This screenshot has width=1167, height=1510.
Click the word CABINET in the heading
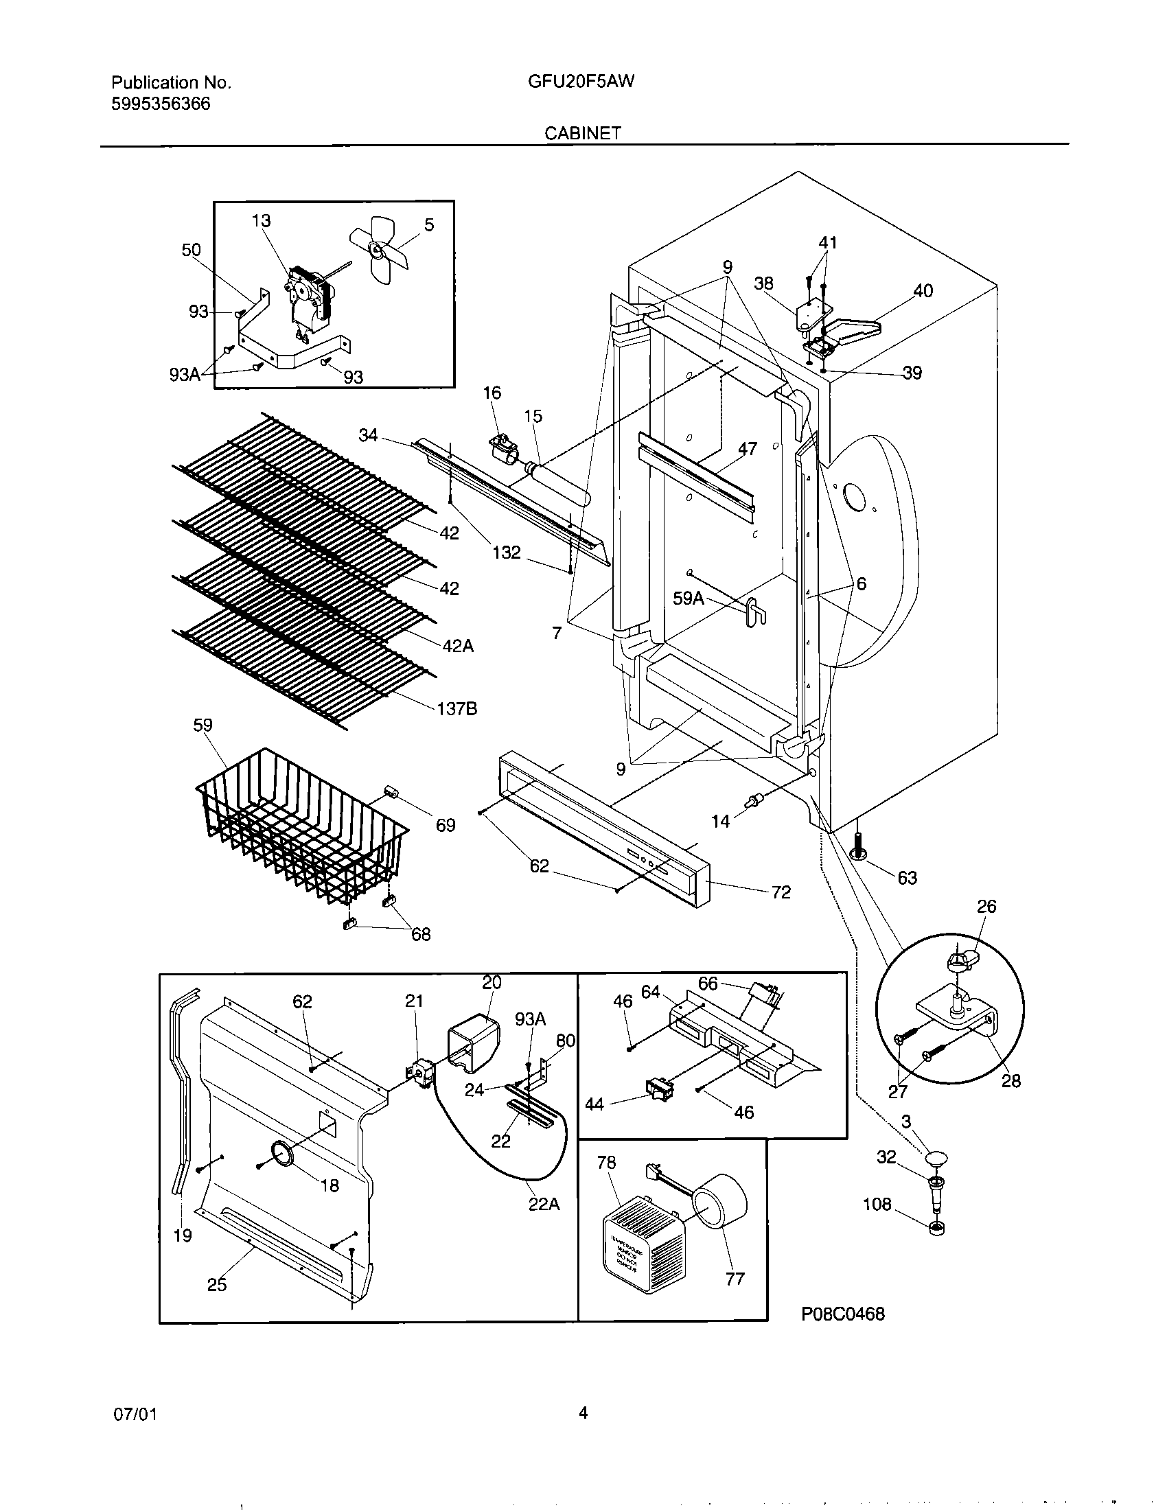tap(582, 133)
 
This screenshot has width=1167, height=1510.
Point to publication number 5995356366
tap(161, 104)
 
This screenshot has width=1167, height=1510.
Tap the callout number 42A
tap(458, 646)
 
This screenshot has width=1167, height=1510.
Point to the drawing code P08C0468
tap(843, 1314)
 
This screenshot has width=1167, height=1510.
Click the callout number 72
tap(781, 892)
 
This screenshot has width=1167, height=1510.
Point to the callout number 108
tap(877, 1205)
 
